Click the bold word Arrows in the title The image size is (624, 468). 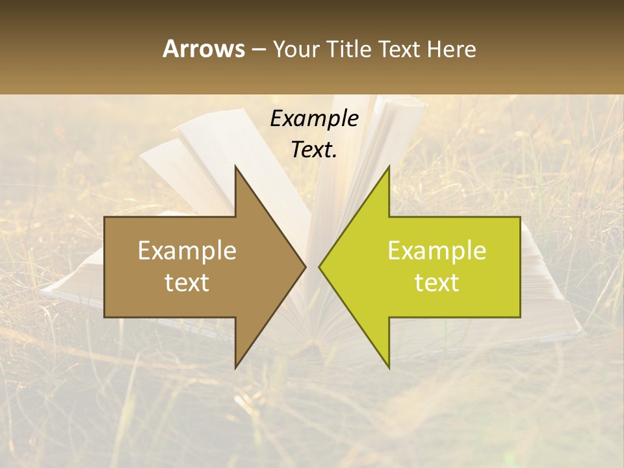click(203, 49)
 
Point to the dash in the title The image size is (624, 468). click(258, 49)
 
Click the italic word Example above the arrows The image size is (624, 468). click(314, 119)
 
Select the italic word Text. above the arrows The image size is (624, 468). click(314, 150)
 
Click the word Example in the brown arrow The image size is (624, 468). click(187, 251)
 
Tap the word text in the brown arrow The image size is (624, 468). click(187, 283)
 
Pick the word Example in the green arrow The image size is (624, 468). click(437, 251)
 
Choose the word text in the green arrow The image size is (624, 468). click(437, 283)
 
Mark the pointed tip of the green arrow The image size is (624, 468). click(320, 266)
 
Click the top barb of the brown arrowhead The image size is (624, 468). click(236, 168)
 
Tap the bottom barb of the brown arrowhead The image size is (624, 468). click(236, 367)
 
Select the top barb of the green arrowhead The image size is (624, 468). click(388, 168)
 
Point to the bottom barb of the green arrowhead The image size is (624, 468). click(388, 367)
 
